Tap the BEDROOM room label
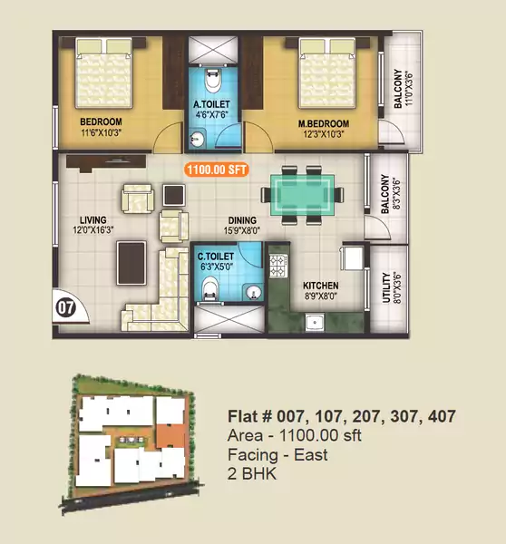point(101,121)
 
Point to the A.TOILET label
point(217,105)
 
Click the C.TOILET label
point(218,257)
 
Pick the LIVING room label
point(92,220)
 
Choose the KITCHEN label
point(320,285)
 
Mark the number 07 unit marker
point(65,306)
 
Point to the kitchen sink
point(316,320)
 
